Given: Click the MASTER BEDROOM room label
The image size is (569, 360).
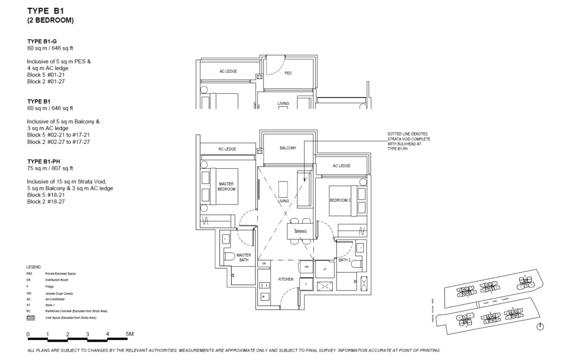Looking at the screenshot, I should click(227, 186).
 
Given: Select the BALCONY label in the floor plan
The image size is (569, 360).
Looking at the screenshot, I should click(288, 148).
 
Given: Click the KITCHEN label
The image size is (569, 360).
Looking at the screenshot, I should click(286, 279).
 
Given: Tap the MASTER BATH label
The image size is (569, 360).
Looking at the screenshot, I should click(244, 257).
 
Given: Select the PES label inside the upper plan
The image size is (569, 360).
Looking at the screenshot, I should click(288, 73).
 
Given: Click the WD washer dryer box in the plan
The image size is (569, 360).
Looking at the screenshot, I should click(306, 267).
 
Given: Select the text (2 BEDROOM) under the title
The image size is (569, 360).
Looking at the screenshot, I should click(51, 20).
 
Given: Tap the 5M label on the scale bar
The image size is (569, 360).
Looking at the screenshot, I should click(130, 334).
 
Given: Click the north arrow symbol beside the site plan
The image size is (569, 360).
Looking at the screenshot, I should click(540, 327).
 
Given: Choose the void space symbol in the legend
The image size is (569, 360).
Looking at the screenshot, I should click(31, 318).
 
